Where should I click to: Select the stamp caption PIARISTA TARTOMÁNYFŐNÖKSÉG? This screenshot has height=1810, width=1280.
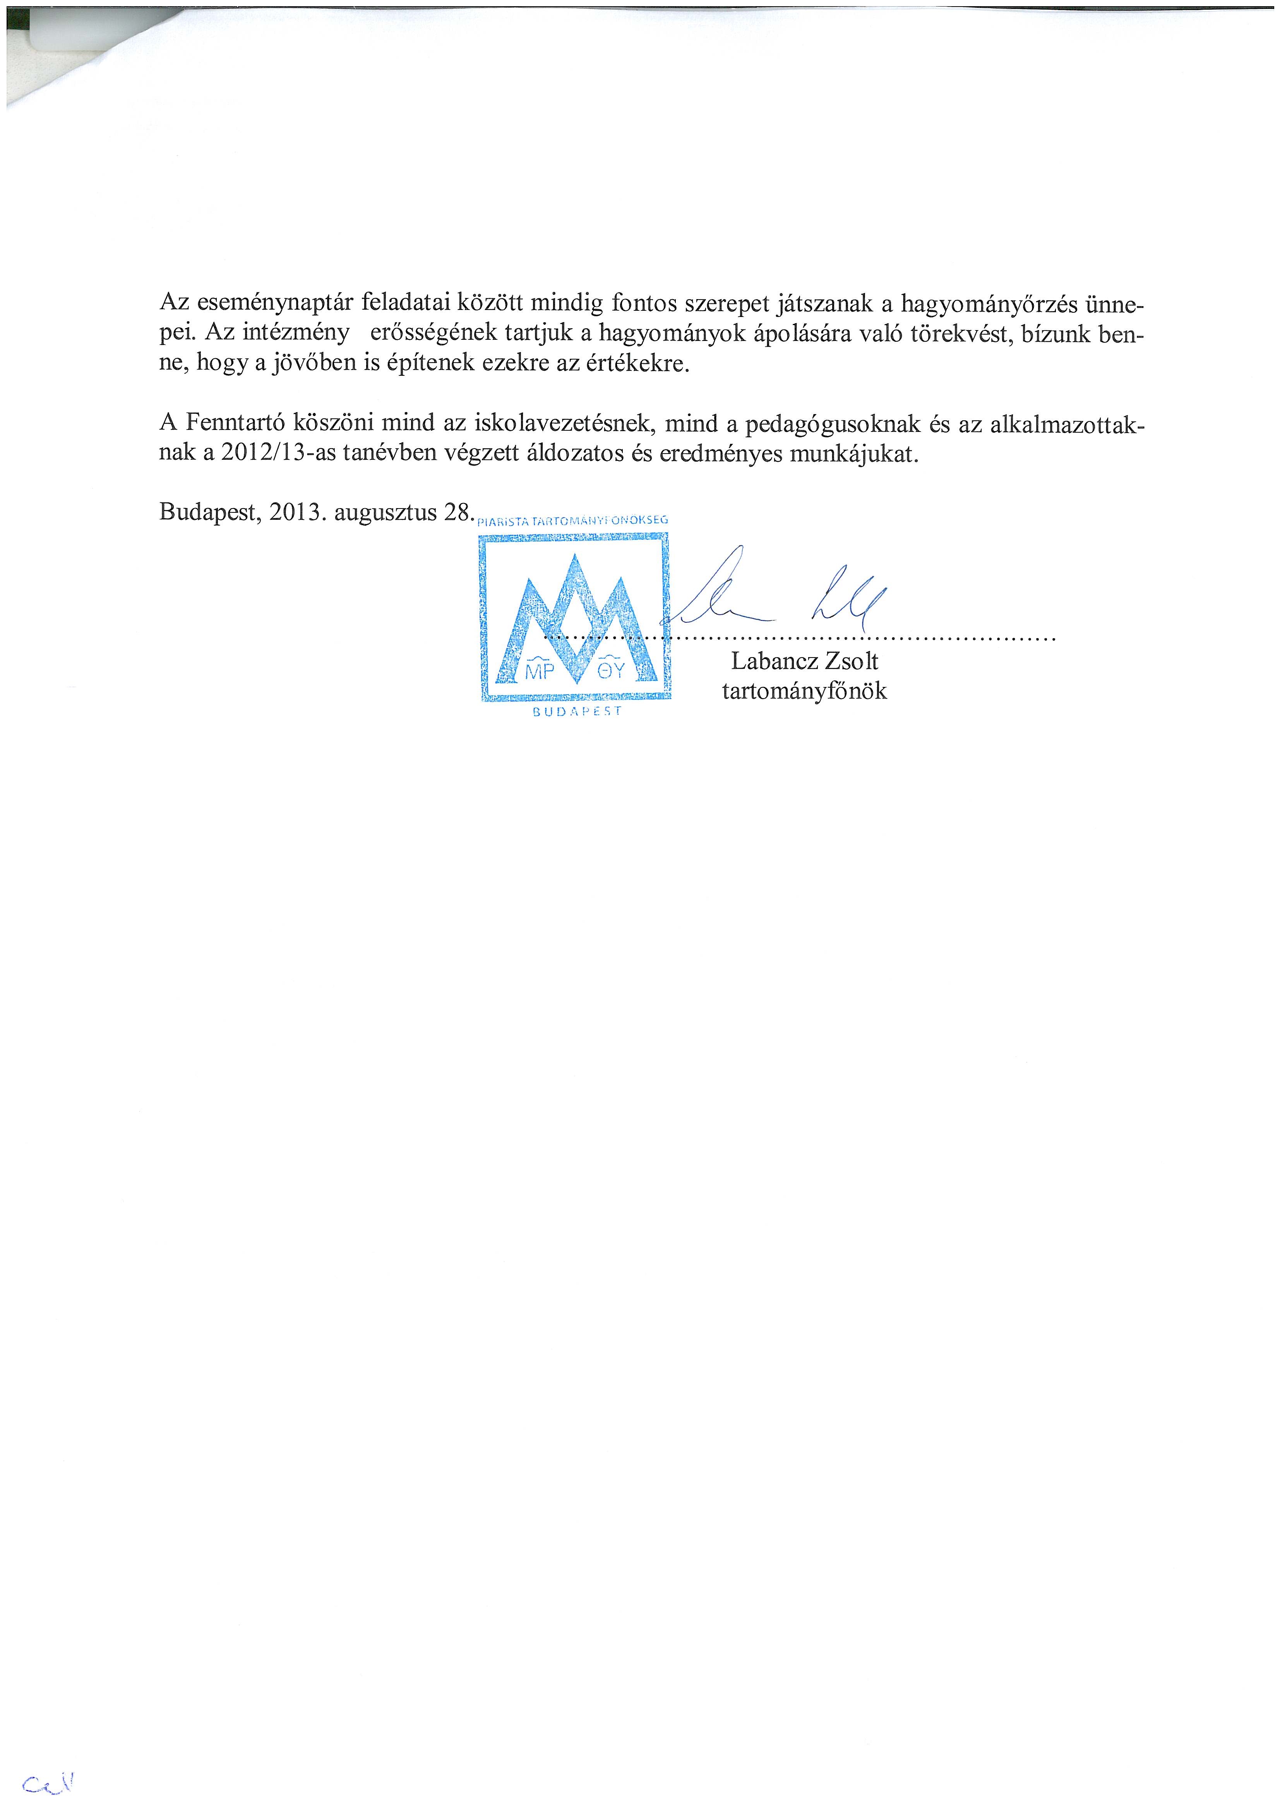pos(573,520)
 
